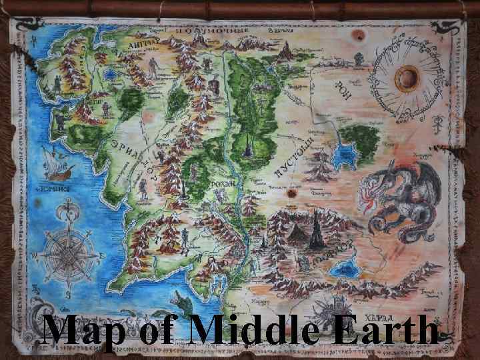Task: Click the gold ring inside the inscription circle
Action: (x=405, y=79)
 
